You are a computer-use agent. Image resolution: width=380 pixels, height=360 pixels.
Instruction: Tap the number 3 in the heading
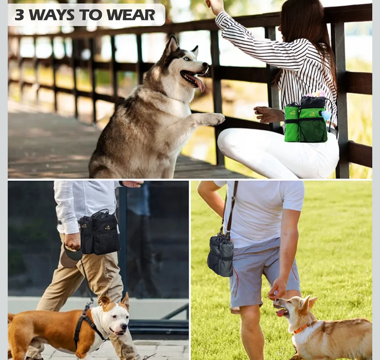coord(19,15)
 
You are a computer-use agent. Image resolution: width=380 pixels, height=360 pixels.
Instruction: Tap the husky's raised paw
coord(214,119)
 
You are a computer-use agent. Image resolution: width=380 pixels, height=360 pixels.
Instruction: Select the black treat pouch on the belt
coord(100,233)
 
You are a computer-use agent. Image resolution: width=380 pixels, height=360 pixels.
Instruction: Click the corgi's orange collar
coord(302,328)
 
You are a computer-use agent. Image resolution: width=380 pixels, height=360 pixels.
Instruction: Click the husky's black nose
coord(205,64)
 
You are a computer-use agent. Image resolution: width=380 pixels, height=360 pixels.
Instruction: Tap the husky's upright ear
coord(173,45)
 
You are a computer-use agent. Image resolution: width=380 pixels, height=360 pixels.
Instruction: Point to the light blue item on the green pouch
coord(326,115)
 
